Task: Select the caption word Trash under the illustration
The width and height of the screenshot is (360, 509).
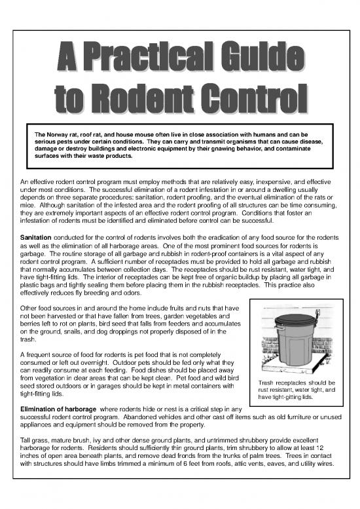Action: click(269, 383)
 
